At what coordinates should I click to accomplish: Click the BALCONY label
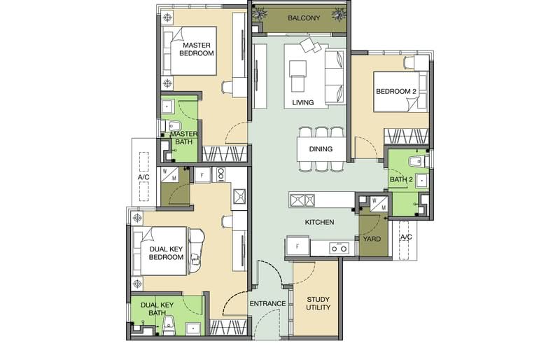pos(304,18)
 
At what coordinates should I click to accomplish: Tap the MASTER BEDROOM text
pos(197,49)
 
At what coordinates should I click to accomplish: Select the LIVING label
pos(303,102)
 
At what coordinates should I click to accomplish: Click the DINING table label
pos(321,148)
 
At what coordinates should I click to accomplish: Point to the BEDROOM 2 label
pos(396,91)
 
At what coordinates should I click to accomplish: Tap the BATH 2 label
pos(401,179)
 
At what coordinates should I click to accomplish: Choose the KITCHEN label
pos(320,222)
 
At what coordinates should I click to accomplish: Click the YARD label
pos(372,239)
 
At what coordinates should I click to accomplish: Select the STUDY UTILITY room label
pos(318,303)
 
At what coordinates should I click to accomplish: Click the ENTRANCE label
pos(267,303)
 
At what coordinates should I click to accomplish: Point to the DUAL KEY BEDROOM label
pos(166,253)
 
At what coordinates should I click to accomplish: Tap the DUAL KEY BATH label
pos(157,308)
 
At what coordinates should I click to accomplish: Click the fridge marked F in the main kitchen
pos(297,246)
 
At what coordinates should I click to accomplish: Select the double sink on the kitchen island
pos(302,200)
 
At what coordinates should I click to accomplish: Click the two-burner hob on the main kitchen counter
pos(339,247)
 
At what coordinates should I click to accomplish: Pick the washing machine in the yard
pos(379,205)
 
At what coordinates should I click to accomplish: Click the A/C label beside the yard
pos(406,237)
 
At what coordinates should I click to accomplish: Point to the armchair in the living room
pos(297,76)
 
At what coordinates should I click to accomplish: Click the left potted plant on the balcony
pos(259,13)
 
